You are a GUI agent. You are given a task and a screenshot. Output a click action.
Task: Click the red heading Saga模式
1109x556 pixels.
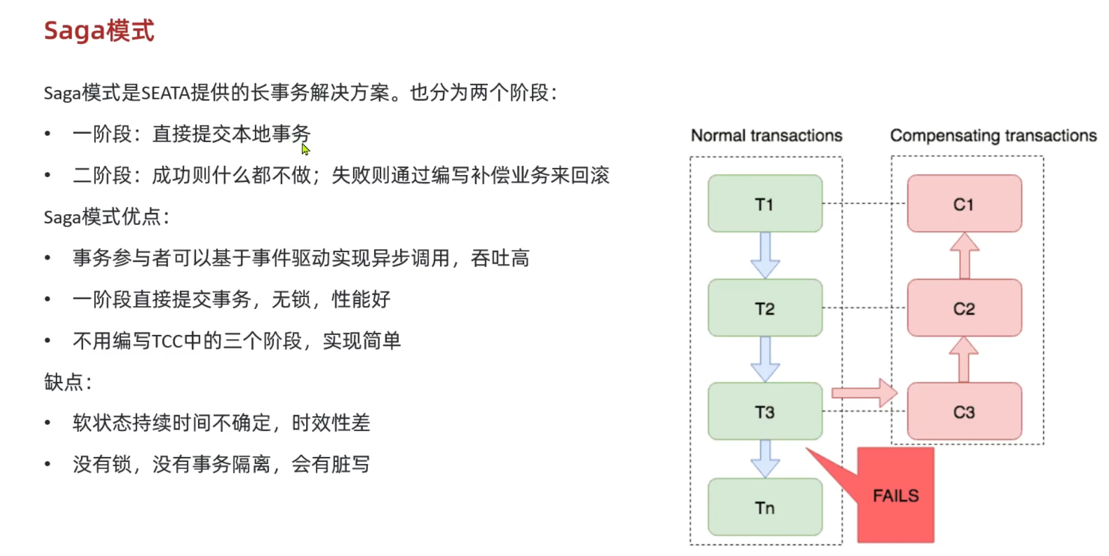[99, 31]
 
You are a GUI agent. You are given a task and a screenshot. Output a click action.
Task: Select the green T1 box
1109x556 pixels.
[764, 204]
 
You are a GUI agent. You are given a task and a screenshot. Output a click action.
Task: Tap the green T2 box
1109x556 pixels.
[764, 308]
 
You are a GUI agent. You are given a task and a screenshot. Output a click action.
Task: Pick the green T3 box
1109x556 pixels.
[764, 412]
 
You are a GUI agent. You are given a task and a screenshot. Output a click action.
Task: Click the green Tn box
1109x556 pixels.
[764, 507]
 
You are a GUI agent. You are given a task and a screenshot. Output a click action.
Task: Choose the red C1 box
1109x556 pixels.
[964, 204]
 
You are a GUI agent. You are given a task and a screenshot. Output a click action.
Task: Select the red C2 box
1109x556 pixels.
[964, 308]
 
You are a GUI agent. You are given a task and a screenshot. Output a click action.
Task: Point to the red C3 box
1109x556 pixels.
[964, 412]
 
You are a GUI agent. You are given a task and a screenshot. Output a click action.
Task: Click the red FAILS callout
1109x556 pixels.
[895, 495]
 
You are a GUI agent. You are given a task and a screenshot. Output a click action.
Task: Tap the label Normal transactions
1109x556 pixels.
[766, 136]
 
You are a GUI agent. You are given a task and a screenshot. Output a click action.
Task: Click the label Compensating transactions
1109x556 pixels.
[993, 136]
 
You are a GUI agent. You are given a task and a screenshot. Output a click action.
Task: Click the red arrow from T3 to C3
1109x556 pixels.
[864, 392]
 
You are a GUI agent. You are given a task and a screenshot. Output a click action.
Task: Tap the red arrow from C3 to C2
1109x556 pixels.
[964, 359]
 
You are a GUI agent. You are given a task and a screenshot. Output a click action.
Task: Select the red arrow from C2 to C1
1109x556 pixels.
[964, 256]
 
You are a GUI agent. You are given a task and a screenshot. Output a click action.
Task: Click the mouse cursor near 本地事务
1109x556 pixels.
[305, 149]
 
